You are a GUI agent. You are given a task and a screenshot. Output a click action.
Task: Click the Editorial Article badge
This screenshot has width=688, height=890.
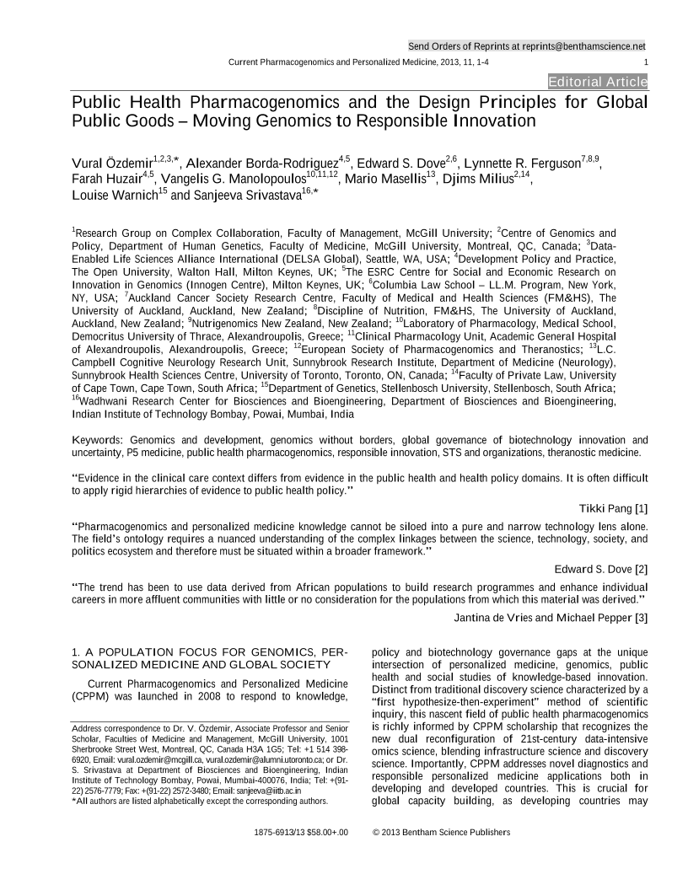(597, 82)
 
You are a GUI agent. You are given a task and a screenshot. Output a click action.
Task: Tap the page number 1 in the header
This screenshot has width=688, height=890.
(645, 62)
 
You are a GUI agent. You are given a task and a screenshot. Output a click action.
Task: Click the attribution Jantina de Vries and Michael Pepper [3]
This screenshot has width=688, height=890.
(551, 618)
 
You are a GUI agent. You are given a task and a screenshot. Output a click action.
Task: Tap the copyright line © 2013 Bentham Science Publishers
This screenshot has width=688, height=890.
(441, 833)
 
